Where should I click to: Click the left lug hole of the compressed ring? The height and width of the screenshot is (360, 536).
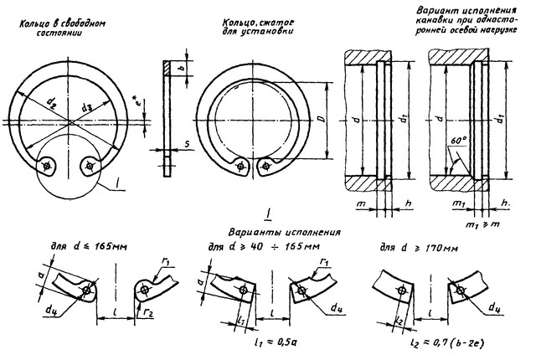[241, 166]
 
